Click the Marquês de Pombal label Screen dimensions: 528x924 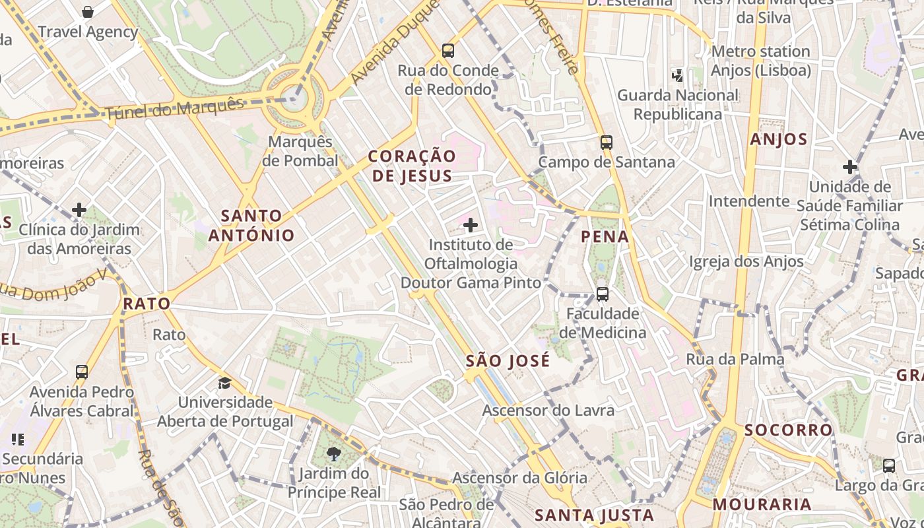pyautogui.click(x=300, y=151)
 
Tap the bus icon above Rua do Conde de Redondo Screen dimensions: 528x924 pyautogui.click(x=448, y=50)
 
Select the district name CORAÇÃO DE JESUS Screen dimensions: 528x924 pyautogui.click(x=412, y=166)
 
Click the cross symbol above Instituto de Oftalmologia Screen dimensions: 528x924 pyautogui.click(x=471, y=226)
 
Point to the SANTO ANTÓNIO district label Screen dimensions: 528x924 pyautogui.click(x=251, y=225)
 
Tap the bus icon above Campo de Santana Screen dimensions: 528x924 pyautogui.click(x=606, y=142)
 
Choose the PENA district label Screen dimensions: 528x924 pyautogui.click(x=605, y=236)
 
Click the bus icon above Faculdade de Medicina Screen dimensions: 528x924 pyautogui.click(x=602, y=294)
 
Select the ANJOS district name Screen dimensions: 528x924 pyautogui.click(x=779, y=139)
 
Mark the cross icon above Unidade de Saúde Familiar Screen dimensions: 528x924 pyautogui.click(x=850, y=167)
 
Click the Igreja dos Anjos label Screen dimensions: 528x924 pyautogui.click(x=746, y=261)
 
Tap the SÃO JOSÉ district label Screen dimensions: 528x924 pyautogui.click(x=508, y=361)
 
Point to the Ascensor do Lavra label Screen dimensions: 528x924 pyautogui.click(x=548, y=410)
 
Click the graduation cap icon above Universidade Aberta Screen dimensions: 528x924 pyautogui.click(x=225, y=383)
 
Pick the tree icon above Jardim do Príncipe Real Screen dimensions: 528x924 pyautogui.click(x=334, y=454)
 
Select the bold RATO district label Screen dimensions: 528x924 pyautogui.click(x=147, y=304)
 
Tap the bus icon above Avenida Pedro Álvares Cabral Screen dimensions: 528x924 pyautogui.click(x=82, y=372)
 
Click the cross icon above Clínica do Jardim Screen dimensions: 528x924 pyautogui.click(x=79, y=211)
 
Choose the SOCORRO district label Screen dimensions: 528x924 pyautogui.click(x=788, y=430)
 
